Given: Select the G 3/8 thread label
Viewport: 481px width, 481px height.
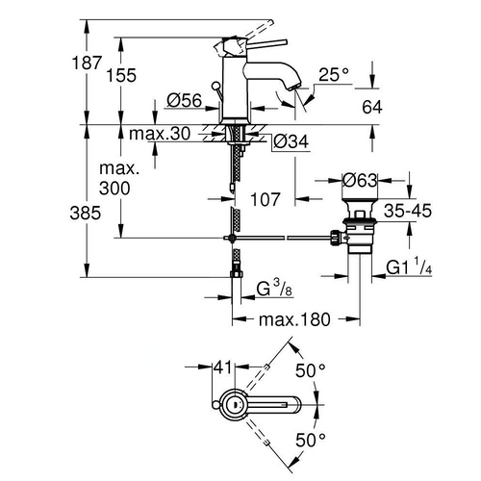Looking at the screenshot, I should [276, 289].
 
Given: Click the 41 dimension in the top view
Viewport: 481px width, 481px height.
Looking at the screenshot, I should [222, 366].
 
